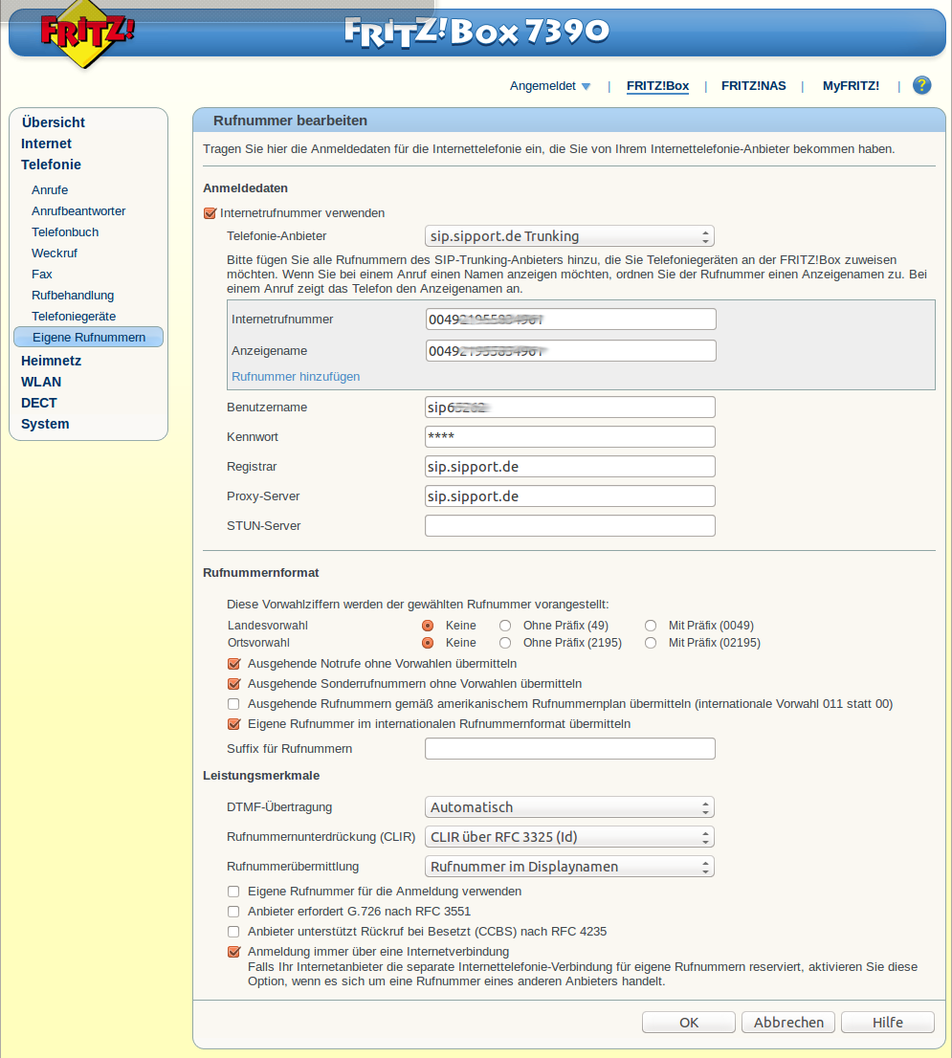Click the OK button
coord(689,1023)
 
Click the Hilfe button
coord(887,1023)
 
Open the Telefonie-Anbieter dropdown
coord(569,236)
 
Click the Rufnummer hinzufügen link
coord(296,377)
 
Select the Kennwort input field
coord(569,437)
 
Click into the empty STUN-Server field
coord(569,526)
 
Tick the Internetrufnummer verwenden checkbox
coord(210,213)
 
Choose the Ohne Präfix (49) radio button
coord(505,626)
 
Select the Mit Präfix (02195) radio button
coord(651,643)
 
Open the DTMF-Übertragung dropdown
coord(569,807)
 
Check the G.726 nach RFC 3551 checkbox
coord(233,912)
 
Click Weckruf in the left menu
coord(55,253)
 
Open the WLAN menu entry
coord(41,382)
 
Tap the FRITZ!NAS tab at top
coord(754,86)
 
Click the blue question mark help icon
coord(921,85)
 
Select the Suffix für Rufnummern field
coord(569,749)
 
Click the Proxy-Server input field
coord(569,496)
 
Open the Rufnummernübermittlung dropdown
coord(569,867)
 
